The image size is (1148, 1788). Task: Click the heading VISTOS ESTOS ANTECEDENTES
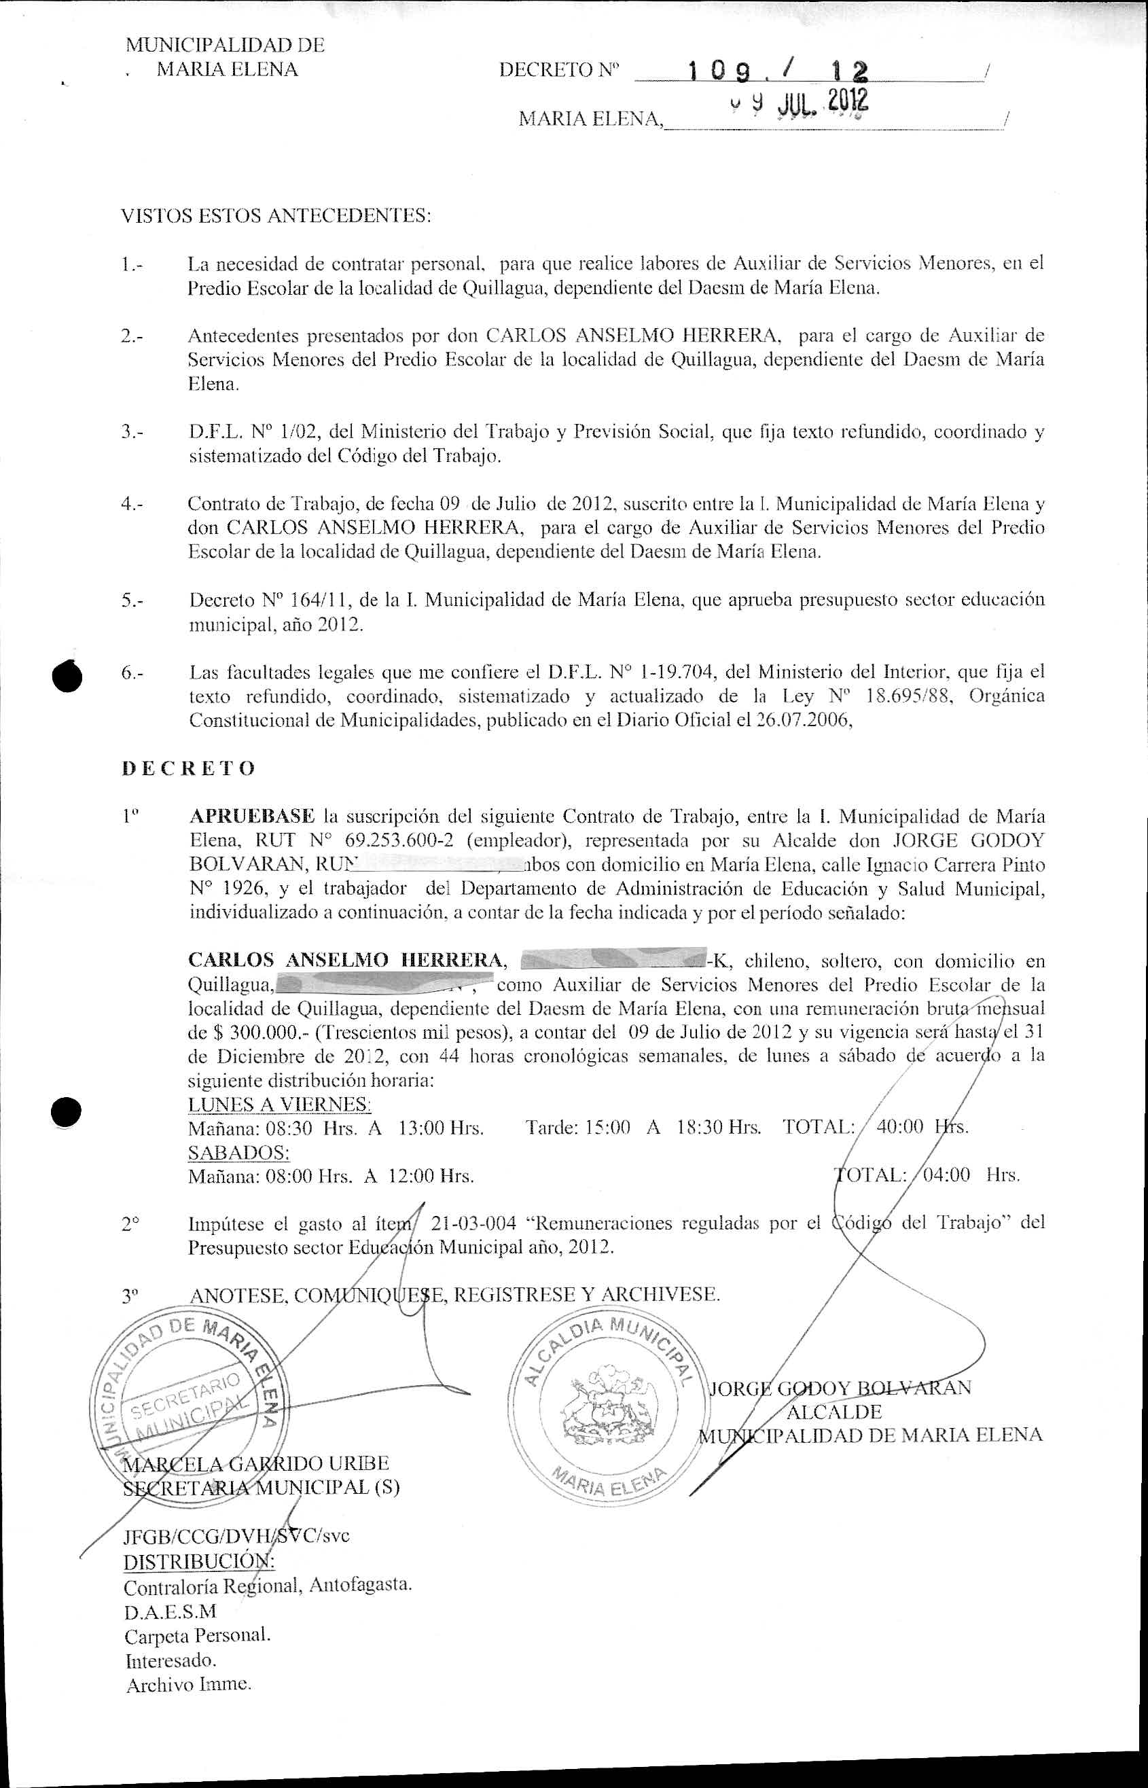[276, 216]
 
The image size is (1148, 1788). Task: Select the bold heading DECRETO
[189, 768]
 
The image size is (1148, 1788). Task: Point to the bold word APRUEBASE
[252, 816]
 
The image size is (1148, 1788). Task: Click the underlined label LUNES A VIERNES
[280, 1104]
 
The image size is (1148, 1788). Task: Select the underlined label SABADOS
[238, 1151]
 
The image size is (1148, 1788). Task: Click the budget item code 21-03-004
[473, 1223]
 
